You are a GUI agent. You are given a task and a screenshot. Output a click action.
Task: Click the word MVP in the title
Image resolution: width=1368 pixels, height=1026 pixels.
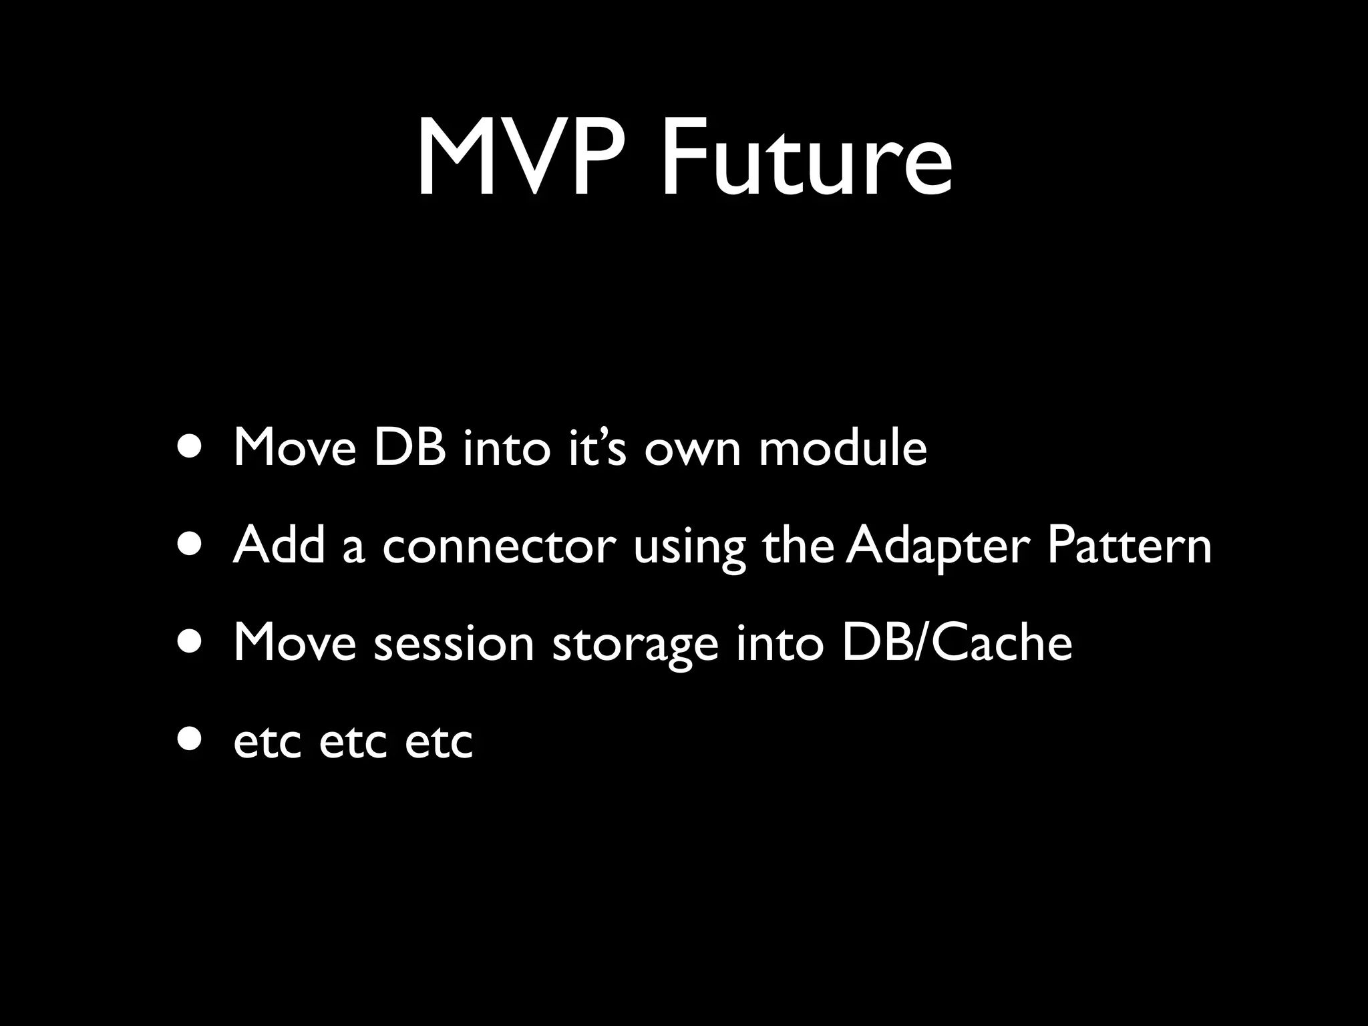(x=528, y=159)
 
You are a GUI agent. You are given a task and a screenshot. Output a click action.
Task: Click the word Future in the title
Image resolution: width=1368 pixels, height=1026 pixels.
(x=805, y=159)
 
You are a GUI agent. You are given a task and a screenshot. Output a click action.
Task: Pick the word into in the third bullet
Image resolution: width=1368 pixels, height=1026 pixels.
(x=780, y=643)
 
